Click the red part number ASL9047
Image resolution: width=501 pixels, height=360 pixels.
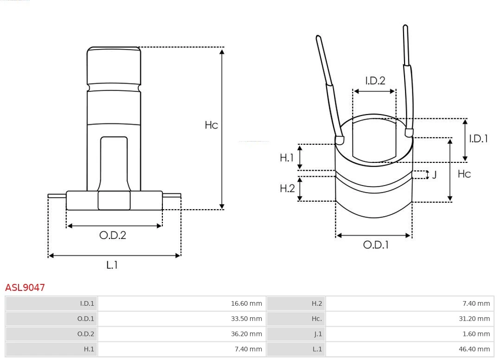point(25,287)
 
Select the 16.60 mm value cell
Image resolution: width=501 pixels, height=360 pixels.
point(246,303)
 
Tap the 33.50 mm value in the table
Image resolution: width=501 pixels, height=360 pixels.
point(246,319)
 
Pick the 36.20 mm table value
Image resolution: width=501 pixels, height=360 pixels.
point(246,334)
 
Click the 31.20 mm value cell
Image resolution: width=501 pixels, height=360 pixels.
point(474,319)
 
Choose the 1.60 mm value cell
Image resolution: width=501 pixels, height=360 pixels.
point(476,334)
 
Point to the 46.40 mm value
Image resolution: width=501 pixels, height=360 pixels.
point(474,349)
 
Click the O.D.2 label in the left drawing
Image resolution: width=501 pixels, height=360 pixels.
point(112,235)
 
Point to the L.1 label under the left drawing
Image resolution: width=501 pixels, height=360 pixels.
point(112,265)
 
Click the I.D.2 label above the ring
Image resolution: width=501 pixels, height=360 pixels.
point(375,81)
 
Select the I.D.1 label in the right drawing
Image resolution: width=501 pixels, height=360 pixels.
point(478,138)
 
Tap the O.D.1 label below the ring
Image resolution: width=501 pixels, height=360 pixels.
point(375,245)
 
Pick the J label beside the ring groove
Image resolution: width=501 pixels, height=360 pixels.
point(434,175)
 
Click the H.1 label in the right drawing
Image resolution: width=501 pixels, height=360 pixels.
point(287,158)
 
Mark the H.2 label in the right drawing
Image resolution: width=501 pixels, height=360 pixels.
point(287,188)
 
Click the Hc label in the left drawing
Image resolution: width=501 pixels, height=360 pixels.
point(211,125)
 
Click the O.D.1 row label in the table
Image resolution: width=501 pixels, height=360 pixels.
point(85,319)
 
